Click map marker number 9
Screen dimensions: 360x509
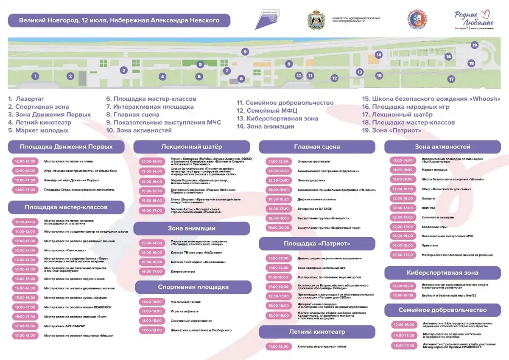click(245, 52)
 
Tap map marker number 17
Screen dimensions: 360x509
click(451, 79)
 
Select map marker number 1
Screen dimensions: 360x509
click(36, 76)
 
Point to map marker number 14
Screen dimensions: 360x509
click(378, 55)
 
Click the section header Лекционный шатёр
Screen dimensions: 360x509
click(191, 147)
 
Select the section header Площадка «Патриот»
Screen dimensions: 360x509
click(317, 244)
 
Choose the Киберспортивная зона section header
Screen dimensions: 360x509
click(442, 273)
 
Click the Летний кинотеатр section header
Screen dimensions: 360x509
click(317, 332)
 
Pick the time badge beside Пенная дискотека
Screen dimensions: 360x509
click(278, 180)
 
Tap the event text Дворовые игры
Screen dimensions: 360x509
click(183, 271)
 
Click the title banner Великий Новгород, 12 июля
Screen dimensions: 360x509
click(119, 20)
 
